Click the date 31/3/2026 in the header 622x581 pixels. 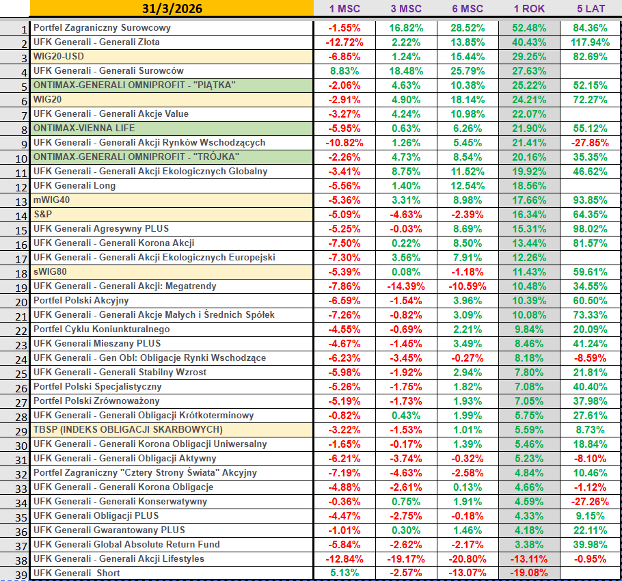(x=171, y=9)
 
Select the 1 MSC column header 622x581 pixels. (x=344, y=9)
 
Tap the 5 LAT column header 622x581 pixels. (x=591, y=9)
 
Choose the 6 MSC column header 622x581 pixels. (x=468, y=9)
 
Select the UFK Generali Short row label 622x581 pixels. (x=77, y=573)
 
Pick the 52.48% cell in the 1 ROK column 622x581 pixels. (x=529, y=28)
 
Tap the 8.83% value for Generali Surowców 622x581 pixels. (x=344, y=71)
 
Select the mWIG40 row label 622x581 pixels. (x=52, y=200)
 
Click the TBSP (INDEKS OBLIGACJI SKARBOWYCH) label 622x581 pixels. (x=128, y=430)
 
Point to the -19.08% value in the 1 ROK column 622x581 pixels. (x=529, y=573)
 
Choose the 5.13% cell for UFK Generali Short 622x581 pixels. (x=344, y=573)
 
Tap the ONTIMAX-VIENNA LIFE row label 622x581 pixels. (x=84, y=129)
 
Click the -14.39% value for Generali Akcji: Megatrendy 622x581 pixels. (x=406, y=286)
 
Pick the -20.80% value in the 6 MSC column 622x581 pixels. (x=468, y=559)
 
